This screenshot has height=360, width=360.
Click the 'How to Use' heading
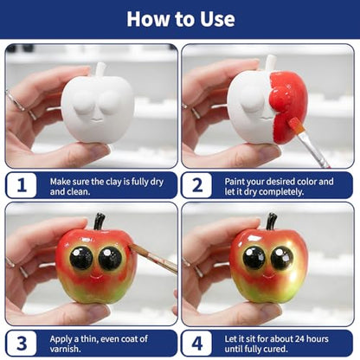coord(181,19)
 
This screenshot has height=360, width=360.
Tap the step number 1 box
coord(22,185)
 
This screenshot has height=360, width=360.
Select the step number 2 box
coord(197,185)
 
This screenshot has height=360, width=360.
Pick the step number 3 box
coord(22,344)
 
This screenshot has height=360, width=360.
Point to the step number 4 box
coord(197,344)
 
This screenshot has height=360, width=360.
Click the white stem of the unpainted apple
coord(100,69)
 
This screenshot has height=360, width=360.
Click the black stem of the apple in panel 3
coord(100,222)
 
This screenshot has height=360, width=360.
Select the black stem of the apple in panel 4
coord(271,222)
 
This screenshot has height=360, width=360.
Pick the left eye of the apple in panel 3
coord(81,258)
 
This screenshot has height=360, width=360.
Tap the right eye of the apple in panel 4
coord(281,258)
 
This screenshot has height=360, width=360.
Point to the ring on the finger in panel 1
coord(15,101)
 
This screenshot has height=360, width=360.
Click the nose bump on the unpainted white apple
coord(97,118)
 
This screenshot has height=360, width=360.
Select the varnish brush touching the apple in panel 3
coord(153,258)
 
